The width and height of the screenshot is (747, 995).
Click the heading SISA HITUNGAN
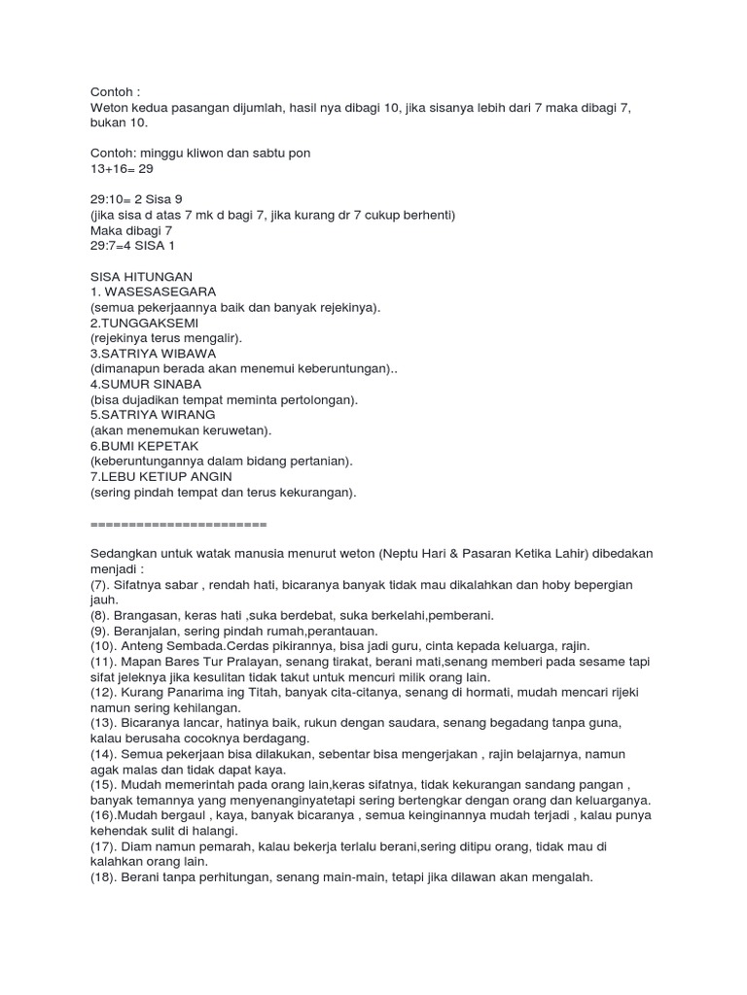(x=141, y=277)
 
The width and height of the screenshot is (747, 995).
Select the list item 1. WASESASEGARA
(x=153, y=292)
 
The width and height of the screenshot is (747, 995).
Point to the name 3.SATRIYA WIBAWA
(x=153, y=354)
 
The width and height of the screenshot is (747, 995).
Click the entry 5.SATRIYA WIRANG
(x=153, y=414)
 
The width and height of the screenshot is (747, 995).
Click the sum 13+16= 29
(x=121, y=169)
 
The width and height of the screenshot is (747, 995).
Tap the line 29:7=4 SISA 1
(x=134, y=246)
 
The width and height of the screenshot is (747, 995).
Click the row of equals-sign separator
(x=178, y=523)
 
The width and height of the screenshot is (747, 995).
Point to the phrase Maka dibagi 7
(x=131, y=230)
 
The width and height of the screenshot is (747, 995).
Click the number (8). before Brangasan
(x=102, y=615)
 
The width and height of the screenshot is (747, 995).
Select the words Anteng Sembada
(x=171, y=646)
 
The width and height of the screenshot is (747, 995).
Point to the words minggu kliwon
(x=185, y=154)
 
